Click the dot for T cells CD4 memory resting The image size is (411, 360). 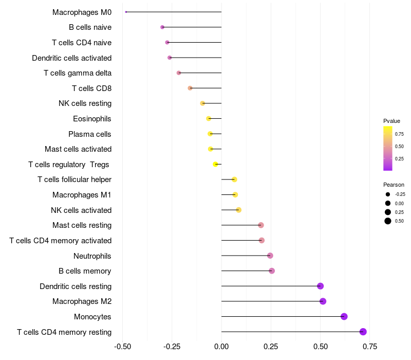tap(363, 332)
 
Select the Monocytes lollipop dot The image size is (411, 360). tap(344, 316)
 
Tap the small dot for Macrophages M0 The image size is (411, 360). tap(126, 12)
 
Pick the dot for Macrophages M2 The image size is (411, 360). tap(323, 301)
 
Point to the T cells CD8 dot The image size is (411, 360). tap(190, 88)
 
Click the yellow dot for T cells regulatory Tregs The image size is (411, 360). tap(215, 164)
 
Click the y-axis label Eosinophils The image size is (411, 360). tap(92, 119)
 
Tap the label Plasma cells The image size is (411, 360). tap(90, 134)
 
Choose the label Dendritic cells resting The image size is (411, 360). tap(76, 286)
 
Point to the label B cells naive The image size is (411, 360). tap(90, 27)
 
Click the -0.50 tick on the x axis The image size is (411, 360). tap(122, 347)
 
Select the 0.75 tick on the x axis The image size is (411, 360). tap(369, 347)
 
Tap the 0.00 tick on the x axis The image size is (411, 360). tap(221, 347)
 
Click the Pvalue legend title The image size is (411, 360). tap(391, 121)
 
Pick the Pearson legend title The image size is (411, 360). tap(394, 185)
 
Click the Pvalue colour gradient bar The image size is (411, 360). tap(388, 148)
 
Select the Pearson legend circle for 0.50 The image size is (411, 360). tap(388, 221)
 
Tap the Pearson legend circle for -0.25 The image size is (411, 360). tap(388, 194)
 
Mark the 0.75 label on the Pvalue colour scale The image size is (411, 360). tap(399, 134)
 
